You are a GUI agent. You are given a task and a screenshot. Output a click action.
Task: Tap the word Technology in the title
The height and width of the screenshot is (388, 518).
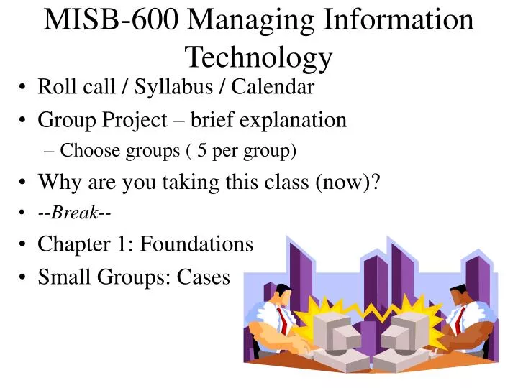(258, 55)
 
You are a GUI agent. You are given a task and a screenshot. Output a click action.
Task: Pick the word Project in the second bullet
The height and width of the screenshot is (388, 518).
(135, 119)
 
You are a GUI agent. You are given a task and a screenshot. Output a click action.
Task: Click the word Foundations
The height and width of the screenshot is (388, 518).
(196, 244)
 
